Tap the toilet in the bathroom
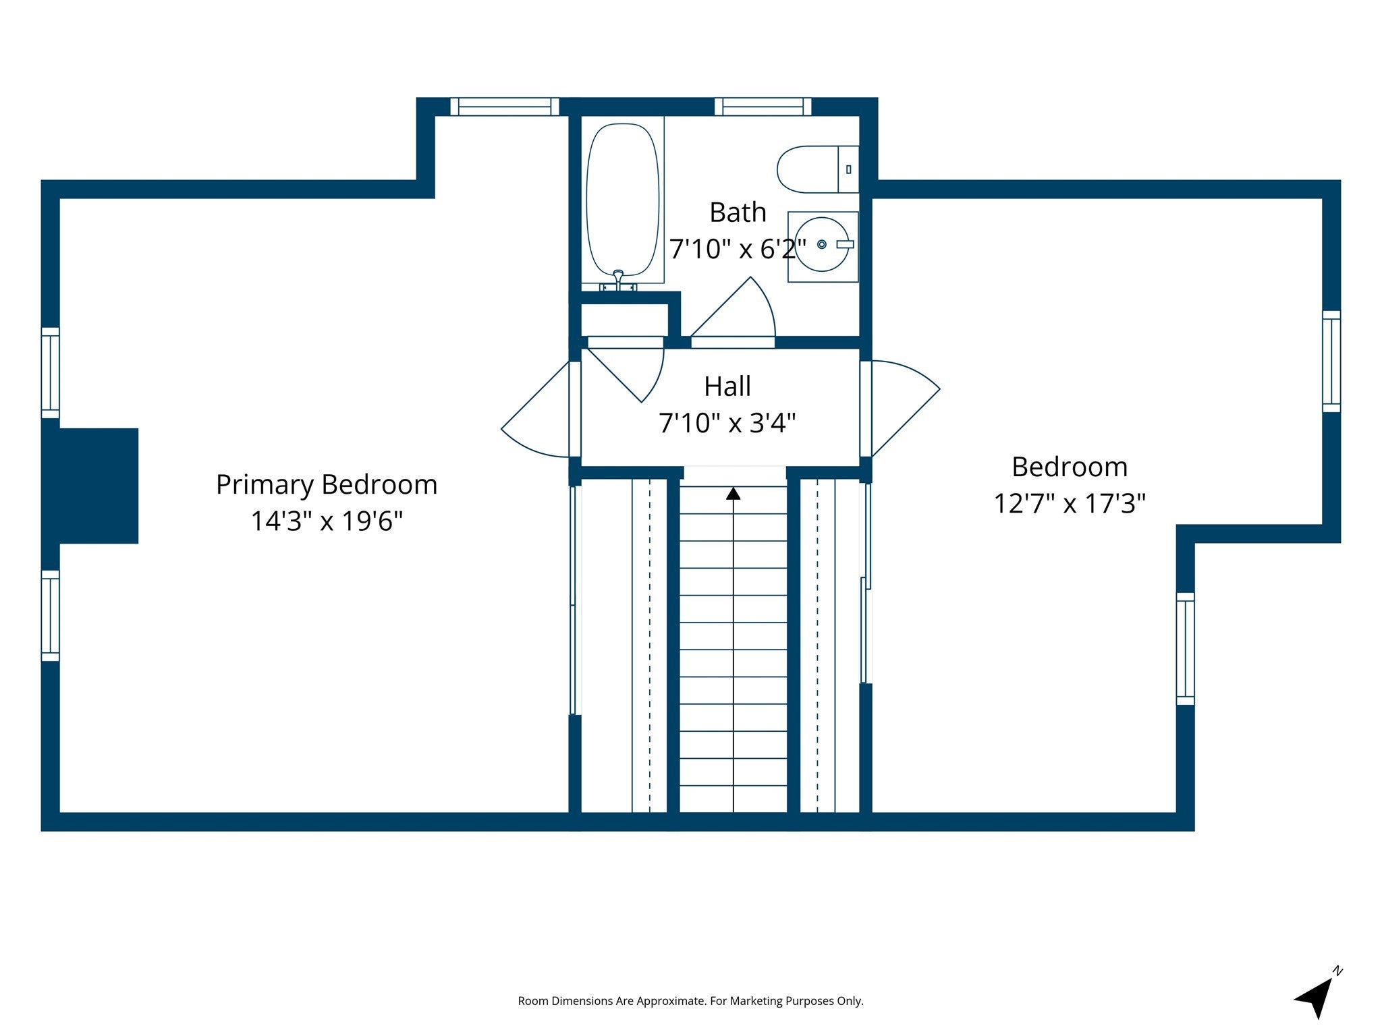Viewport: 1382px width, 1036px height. (x=818, y=169)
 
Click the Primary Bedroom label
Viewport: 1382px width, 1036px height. (x=327, y=484)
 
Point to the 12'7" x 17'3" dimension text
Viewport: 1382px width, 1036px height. (x=1070, y=503)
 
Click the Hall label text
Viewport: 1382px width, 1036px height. (x=727, y=386)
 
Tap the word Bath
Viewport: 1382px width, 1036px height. (x=738, y=212)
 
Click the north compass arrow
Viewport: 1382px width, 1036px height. (x=1315, y=998)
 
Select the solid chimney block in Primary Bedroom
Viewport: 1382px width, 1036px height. (x=90, y=486)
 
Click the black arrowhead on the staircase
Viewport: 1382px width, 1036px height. (x=734, y=494)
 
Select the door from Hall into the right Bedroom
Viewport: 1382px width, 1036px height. (x=900, y=409)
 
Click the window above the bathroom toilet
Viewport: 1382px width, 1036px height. (x=763, y=107)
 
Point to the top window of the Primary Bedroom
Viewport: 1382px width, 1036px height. (x=505, y=107)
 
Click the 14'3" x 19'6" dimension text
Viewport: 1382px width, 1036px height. (x=327, y=521)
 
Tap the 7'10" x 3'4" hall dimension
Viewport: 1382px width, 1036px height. (x=727, y=423)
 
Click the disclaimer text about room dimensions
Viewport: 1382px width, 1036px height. (x=690, y=1001)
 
